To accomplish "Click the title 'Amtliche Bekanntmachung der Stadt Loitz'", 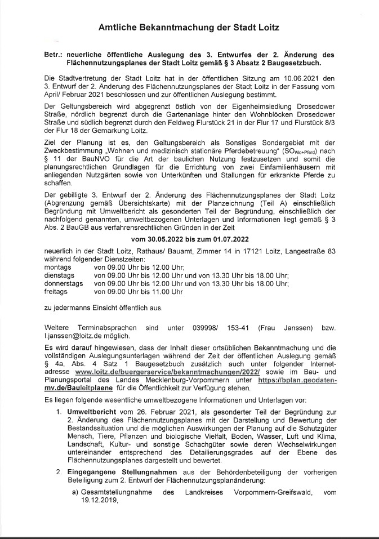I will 189,27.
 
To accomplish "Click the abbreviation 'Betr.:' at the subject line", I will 55,55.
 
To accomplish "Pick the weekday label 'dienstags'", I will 59,276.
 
